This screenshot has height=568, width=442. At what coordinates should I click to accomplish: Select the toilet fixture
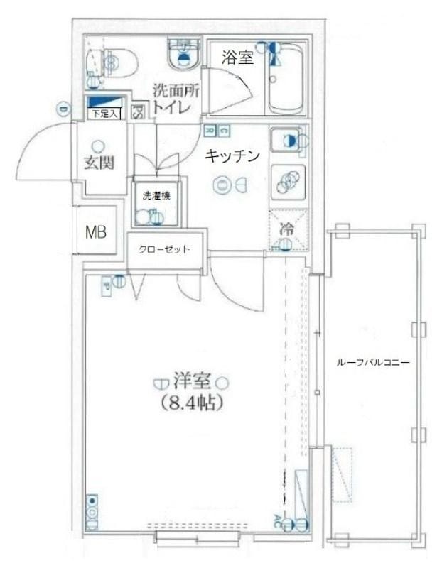[x=112, y=61]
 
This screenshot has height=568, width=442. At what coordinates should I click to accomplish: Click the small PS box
[x=138, y=111]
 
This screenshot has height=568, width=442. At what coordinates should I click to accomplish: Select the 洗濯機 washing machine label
[x=154, y=195]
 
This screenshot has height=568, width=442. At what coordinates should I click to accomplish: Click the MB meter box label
[x=96, y=231]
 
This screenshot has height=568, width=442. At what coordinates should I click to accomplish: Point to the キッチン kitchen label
[x=232, y=156]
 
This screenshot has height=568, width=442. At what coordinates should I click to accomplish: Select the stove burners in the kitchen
[x=288, y=181]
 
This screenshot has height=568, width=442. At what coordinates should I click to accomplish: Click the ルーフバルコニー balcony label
[x=372, y=362]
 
